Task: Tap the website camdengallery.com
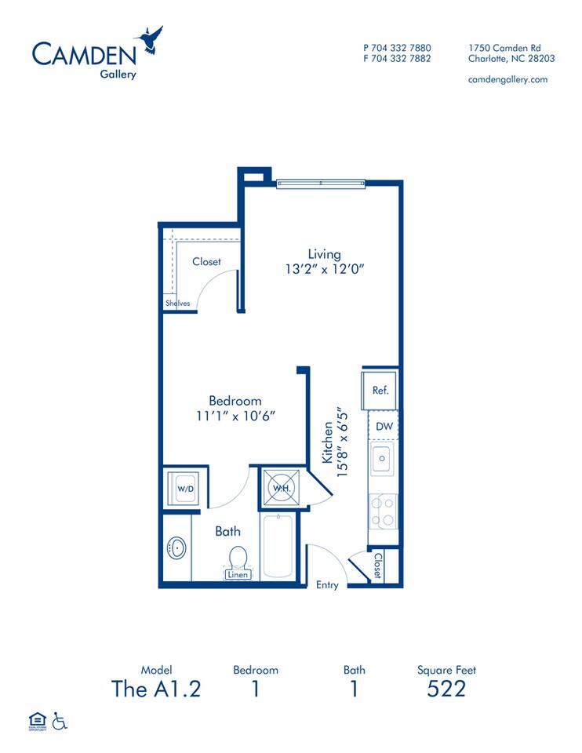[507, 79]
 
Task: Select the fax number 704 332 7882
[397, 58]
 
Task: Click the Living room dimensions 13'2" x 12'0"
[325, 268]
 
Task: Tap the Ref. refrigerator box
[380, 390]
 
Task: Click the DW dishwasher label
[384, 427]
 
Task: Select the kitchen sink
[383, 459]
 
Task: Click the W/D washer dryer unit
[186, 489]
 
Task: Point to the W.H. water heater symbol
[280, 487]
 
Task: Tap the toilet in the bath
[238, 559]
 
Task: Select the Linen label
[238, 575]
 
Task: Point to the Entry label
[327, 584]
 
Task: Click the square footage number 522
[446, 689]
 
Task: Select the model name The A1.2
[156, 689]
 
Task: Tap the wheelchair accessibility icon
[60, 720]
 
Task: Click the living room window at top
[322, 184]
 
